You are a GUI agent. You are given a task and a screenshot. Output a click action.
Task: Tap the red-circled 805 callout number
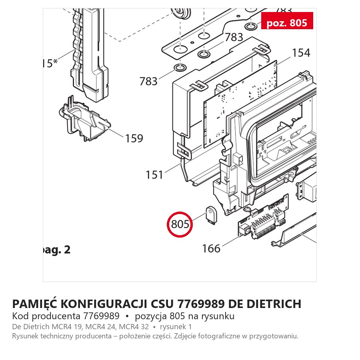(x=180, y=224)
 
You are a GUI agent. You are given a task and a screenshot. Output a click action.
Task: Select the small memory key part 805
(x=211, y=216)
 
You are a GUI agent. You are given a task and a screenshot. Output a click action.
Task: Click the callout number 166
(x=211, y=248)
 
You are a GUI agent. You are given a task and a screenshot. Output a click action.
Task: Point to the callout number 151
(x=154, y=175)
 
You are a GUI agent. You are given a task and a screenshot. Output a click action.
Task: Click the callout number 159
(x=134, y=138)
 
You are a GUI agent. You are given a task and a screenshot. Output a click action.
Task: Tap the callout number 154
(x=301, y=53)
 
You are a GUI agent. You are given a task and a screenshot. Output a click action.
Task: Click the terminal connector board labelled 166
(x=263, y=217)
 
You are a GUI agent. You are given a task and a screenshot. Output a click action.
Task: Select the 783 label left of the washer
(x=148, y=81)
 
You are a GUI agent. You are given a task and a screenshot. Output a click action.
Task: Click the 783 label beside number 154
(x=234, y=37)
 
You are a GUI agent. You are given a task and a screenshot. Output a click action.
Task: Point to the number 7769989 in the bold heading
(x=201, y=304)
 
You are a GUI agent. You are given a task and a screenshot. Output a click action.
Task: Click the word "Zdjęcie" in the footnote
(x=185, y=336)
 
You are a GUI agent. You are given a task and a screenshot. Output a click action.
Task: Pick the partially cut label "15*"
(x=50, y=63)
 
